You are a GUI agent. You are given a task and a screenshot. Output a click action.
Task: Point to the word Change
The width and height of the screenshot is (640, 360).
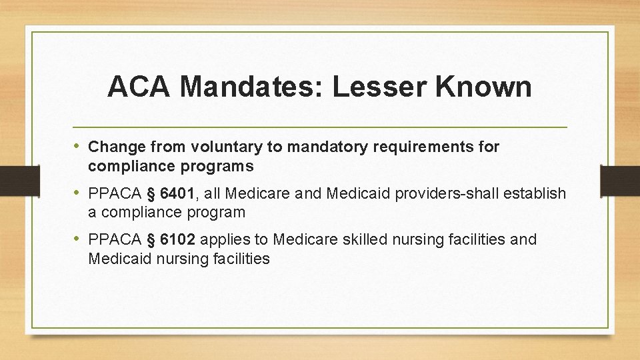(112, 147)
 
